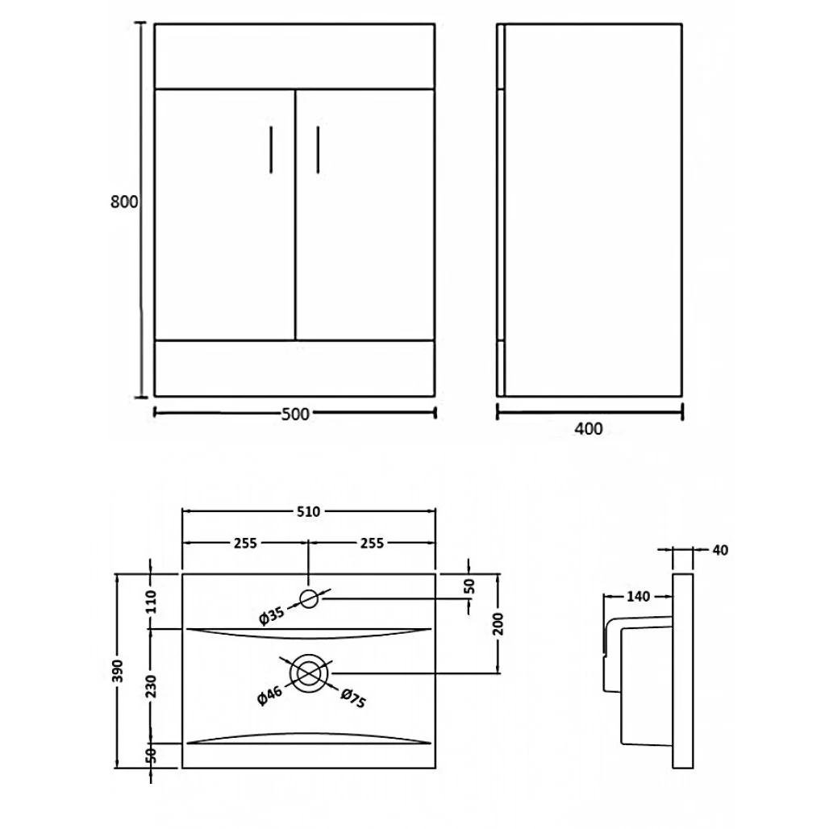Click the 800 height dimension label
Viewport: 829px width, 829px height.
[124, 202]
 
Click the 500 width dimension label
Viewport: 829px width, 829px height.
[295, 414]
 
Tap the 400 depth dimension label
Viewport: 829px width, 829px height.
[589, 429]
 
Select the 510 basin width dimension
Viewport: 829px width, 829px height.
[310, 511]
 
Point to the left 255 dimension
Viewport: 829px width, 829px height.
[245, 543]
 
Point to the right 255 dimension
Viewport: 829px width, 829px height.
[371, 543]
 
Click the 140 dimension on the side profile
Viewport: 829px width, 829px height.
[637, 597]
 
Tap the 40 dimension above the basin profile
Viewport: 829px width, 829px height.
[720, 550]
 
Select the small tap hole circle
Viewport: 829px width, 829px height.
[310, 598]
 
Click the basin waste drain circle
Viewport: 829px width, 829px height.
[310, 673]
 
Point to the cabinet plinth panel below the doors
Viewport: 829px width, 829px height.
[294, 368]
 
